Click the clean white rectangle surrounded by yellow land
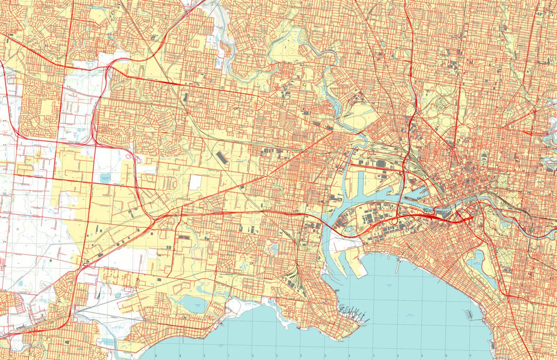coord(195,182)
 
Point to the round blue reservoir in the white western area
coord(105,178)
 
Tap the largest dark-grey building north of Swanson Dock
coord(381,164)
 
